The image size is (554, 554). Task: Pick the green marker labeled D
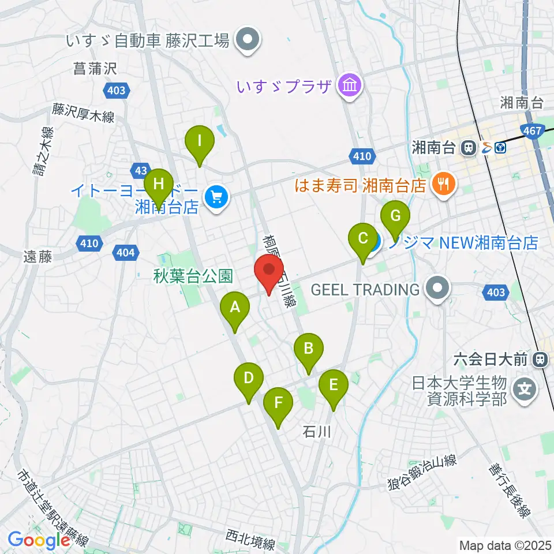249,380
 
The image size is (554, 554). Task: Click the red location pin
269,271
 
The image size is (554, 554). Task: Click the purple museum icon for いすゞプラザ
350,87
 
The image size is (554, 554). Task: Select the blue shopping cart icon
217,199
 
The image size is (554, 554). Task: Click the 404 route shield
127,252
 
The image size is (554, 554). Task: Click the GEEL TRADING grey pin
438,288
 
